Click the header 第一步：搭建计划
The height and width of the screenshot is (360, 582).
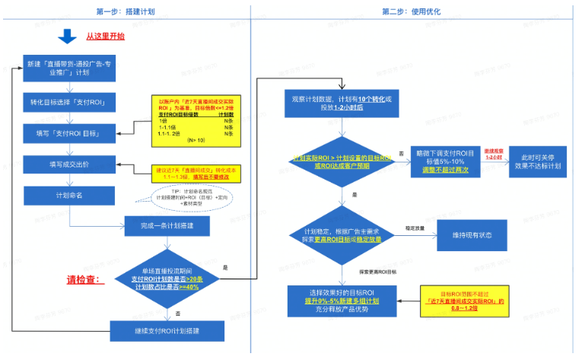pos(126,11)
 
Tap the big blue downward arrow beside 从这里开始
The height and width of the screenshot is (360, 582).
pos(68,37)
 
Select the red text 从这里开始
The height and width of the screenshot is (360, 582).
pos(105,37)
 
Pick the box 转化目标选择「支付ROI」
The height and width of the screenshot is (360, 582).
pos(69,102)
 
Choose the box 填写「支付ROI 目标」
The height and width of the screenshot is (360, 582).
pos(69,133)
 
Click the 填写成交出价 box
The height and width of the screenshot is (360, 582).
pos(69,164)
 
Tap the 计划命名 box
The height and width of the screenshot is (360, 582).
pos(69,194)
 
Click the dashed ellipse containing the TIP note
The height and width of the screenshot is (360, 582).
pos(186,197)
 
